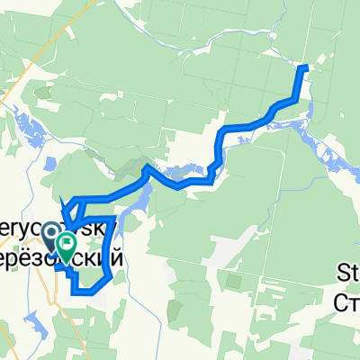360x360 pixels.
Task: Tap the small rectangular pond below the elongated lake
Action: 43,166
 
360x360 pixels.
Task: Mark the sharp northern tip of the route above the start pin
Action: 59,198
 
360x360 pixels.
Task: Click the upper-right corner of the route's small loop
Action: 114,219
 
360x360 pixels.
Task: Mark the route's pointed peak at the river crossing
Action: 147,167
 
